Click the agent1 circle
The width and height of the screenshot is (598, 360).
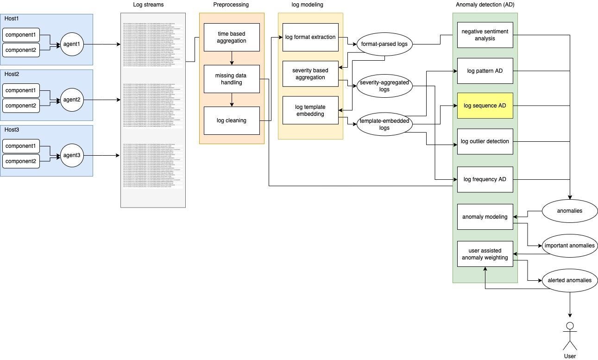coord(72,44)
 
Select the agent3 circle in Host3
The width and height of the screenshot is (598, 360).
coord(72,156)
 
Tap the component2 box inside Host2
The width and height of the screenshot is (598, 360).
coord(21,106)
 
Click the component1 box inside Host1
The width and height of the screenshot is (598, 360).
coord(21,35)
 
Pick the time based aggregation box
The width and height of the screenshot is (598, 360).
coord(232,37)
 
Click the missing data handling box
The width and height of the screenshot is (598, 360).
coord(232,79)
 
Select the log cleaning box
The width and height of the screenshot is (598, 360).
coord(232,120)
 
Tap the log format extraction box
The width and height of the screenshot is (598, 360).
coord(310,37)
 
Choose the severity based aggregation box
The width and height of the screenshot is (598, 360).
coord(310,74)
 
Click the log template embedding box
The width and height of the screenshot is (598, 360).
coord(310,110)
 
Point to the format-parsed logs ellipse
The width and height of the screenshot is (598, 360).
coord(384,44)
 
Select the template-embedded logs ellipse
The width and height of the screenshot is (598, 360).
coord(384,124)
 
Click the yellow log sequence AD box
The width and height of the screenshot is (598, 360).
coord(485,106)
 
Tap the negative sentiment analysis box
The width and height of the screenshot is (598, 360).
coord(485,35)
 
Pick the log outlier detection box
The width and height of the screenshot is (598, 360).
coord(485,141)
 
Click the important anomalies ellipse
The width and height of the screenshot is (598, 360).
coord(569,246)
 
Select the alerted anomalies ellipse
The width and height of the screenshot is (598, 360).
coord(569,280)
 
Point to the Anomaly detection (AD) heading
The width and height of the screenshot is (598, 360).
coord(485,5)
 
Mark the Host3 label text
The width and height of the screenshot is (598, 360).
coord(12,130)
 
